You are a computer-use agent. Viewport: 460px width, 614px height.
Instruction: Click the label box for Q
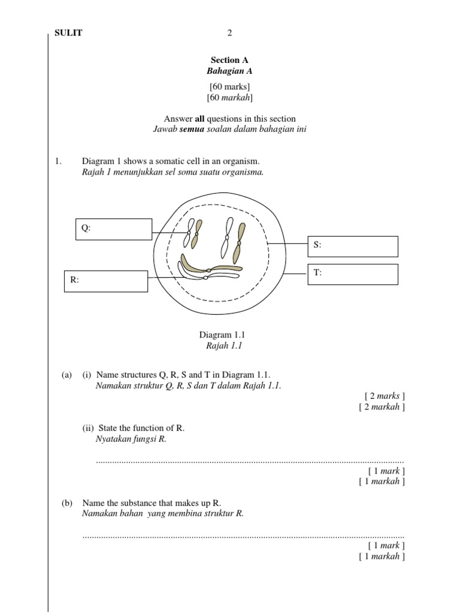tap(114, 229)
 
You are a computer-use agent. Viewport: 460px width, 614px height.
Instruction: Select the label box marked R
tap(106, 281)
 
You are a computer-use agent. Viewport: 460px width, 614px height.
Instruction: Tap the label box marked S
tap(353, 246)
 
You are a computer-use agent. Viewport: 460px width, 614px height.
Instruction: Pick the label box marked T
tap(353, 274)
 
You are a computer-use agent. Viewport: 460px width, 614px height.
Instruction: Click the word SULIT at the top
tap(69, 33)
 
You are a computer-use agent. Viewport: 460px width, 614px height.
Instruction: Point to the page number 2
tap(229, 33)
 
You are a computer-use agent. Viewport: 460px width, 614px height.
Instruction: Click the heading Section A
tap(229, 60)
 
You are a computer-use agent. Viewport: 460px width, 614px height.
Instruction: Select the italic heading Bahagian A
tap(229, 71)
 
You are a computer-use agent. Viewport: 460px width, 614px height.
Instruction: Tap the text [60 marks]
tap(229, 87)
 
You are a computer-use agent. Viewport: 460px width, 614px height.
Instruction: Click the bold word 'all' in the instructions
tap(200, 119)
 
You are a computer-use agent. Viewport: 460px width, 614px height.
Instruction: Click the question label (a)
tap(67, 375)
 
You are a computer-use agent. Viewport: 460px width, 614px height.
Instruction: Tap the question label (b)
tap(67, 503)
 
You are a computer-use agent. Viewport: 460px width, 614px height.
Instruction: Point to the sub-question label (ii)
tap(89, 428)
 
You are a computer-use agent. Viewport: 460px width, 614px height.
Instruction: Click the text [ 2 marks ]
tap(385, 396)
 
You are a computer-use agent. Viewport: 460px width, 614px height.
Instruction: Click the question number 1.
tap(57, 161)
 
